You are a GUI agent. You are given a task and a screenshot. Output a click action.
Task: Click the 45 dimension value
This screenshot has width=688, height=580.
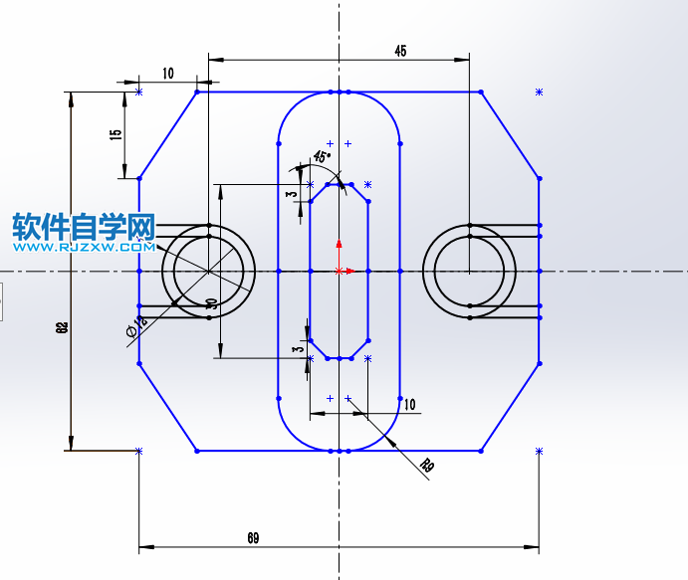400,50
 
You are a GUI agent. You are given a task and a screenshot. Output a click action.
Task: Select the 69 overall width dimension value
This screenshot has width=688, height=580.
253,537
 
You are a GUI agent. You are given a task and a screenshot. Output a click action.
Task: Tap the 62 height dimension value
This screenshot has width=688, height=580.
62,327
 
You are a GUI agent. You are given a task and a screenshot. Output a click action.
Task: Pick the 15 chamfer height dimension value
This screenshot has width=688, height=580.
115,134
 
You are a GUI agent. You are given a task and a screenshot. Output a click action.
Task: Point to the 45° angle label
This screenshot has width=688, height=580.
322,156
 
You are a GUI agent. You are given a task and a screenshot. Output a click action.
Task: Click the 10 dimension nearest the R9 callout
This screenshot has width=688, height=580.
409,404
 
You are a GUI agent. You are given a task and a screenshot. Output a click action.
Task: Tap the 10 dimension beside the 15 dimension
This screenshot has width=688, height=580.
167,73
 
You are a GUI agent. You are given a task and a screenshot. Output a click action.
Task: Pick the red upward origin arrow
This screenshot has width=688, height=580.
340,245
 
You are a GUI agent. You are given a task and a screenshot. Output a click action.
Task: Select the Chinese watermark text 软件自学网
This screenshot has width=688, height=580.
84,228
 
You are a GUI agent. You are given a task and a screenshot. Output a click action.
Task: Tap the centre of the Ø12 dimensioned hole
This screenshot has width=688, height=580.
208,271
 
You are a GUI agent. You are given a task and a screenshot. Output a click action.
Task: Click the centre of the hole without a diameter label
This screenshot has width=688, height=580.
470,271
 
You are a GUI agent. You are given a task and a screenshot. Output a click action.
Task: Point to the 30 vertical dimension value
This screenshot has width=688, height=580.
211,303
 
